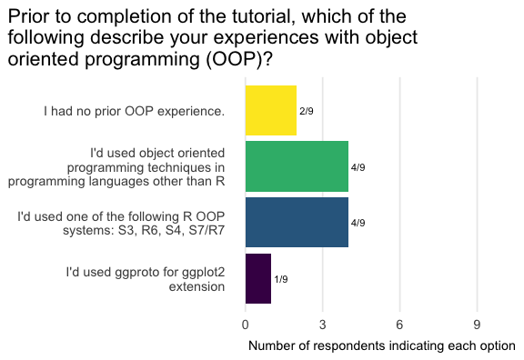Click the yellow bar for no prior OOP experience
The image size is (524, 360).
tap(271, 111)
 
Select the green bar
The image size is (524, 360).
tap(297, 166)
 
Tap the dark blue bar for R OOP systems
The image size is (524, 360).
tap(297, 223)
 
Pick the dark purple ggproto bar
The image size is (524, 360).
tap(258, 278)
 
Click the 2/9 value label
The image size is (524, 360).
tap(307, 111)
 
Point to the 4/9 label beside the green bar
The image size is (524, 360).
tap(358, 167)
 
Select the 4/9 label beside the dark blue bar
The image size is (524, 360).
tap(358, 223)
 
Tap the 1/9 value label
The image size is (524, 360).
tap(281, 279)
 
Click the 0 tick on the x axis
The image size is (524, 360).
tap(246, 325)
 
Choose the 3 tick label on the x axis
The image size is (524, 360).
tap(322, 325)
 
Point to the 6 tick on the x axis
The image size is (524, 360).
tap(399, 325)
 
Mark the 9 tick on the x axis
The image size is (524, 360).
tap(477, 325)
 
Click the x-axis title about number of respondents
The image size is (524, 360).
tap(382, 346)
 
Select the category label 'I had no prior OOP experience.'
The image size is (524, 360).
tap(134, 111)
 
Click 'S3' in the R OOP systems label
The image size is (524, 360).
tap(126, 230)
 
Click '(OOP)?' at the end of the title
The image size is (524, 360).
tap(239, 59)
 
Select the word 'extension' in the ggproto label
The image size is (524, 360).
tap(196, 287)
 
